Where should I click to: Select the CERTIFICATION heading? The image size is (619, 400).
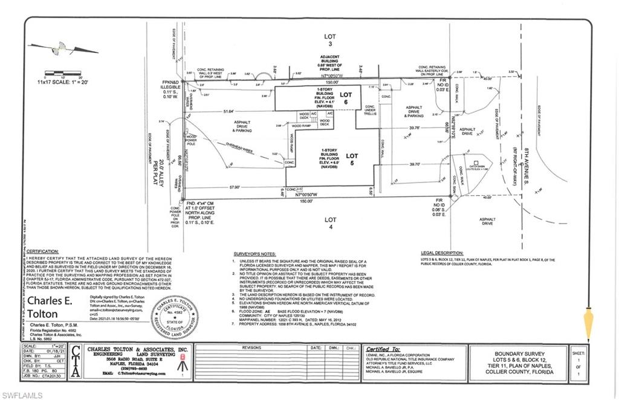[x=42, y=249]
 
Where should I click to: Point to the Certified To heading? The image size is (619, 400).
[x=384, y=350]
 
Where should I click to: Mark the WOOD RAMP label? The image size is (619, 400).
[x=301, y=126]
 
